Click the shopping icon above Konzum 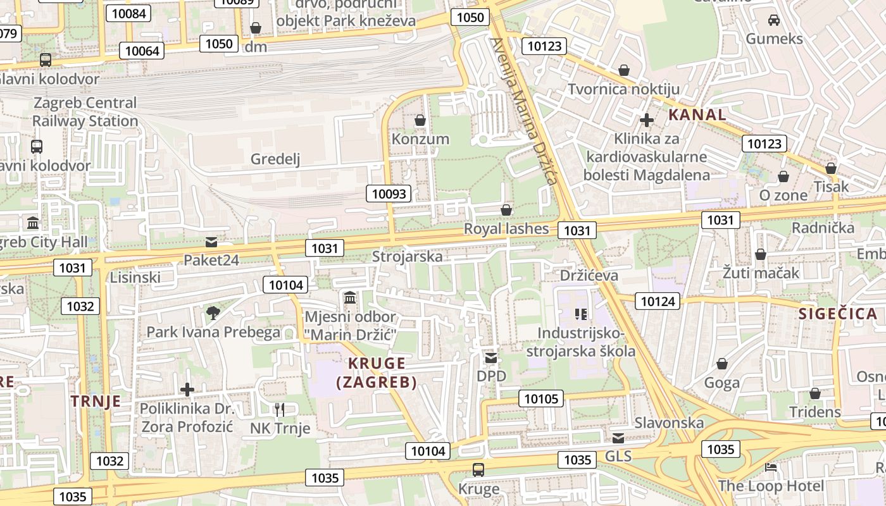(420, 120)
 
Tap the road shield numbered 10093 (389, 194)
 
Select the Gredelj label (275, 159)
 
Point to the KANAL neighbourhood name (697, 115)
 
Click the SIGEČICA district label (837, 314)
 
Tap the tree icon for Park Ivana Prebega (213, 312)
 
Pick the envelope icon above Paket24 (211, 242)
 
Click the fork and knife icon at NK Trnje (280, 409)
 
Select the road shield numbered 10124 (658, 301)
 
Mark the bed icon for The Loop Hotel (771, 467)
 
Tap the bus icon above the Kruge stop (478, 470)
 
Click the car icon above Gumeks (773, 20)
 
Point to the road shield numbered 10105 (541, 398)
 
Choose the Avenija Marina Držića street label (525, 111)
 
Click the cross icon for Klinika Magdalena (646, 120)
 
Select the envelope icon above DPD (491, 358)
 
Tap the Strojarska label (407, 257)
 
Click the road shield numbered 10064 (142, 51)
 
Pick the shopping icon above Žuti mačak (761, 254)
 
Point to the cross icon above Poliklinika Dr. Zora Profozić (187, 389)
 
